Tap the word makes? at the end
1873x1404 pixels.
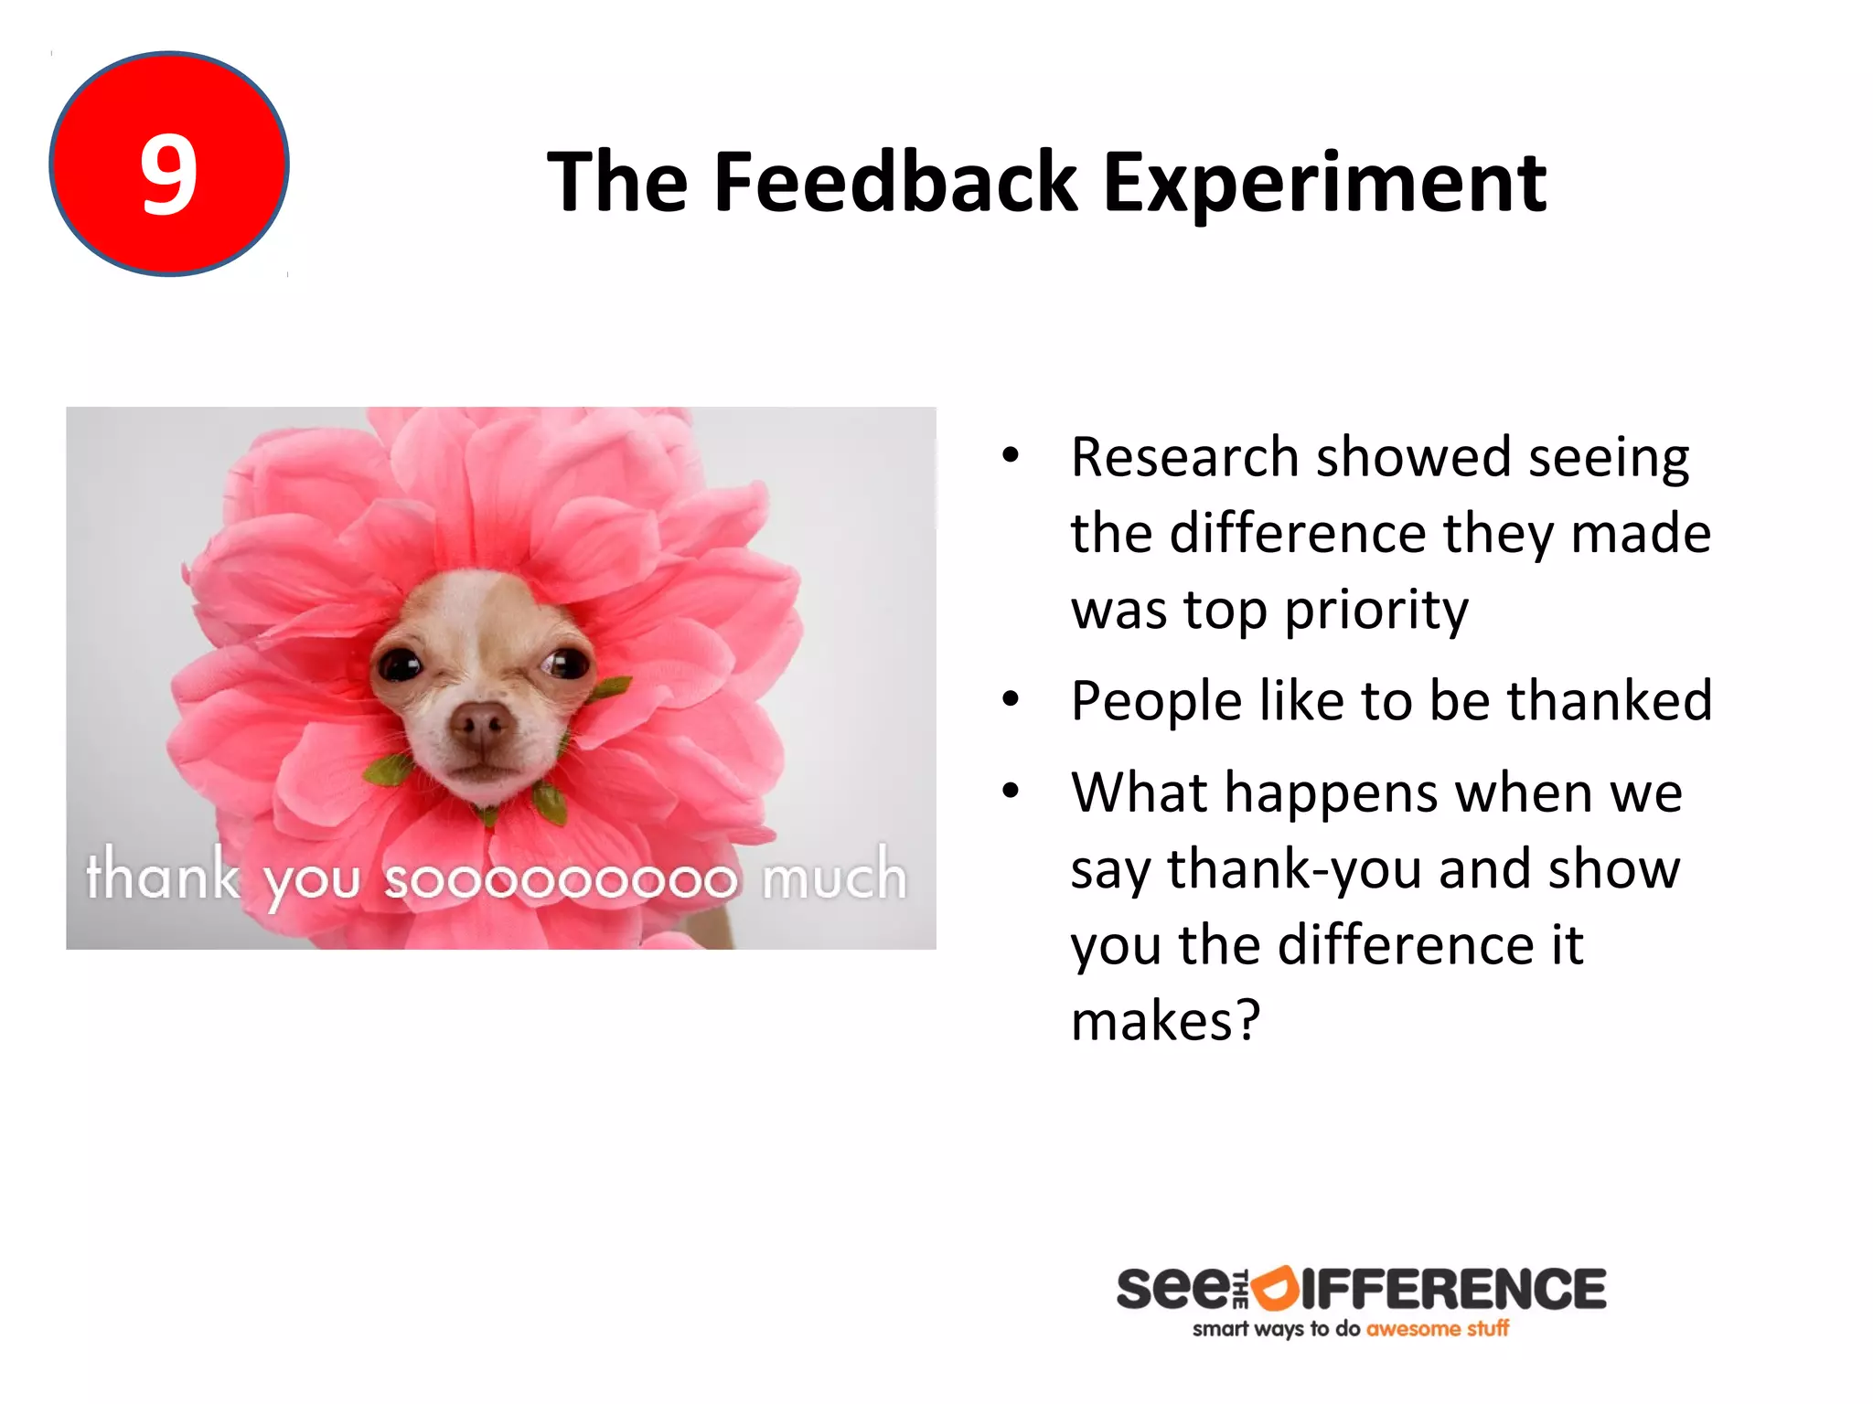[x=1165, y=1021]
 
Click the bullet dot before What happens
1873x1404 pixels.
[x=1010, y=792]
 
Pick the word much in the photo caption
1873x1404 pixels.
[x=834, y=876]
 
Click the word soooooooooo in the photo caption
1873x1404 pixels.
[x=560, y=879]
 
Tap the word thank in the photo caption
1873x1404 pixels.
[x=163, y=876]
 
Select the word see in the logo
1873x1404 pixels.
[x=1172, y=1289]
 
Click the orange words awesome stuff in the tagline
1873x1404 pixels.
[x=1437, y=1329]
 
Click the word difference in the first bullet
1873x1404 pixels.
[x=1298, y=534]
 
